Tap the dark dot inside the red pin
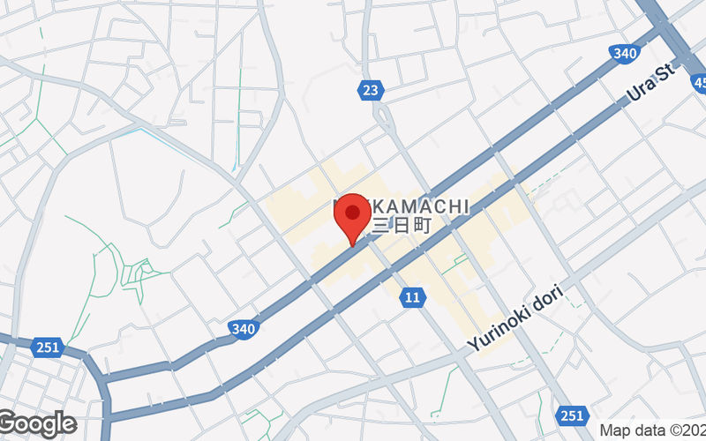pos(354,213)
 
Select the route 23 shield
pos(372,89)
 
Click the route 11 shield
pos(412,298)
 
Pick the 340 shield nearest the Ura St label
pos(624,53)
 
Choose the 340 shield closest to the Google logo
pos(244,329)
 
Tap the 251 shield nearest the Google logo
pos(48,348)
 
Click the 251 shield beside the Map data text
pos(572,415)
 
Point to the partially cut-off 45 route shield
pos(699,84)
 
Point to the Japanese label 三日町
pos(402,226)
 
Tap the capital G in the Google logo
pos(11,423)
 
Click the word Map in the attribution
pos(617,431)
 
